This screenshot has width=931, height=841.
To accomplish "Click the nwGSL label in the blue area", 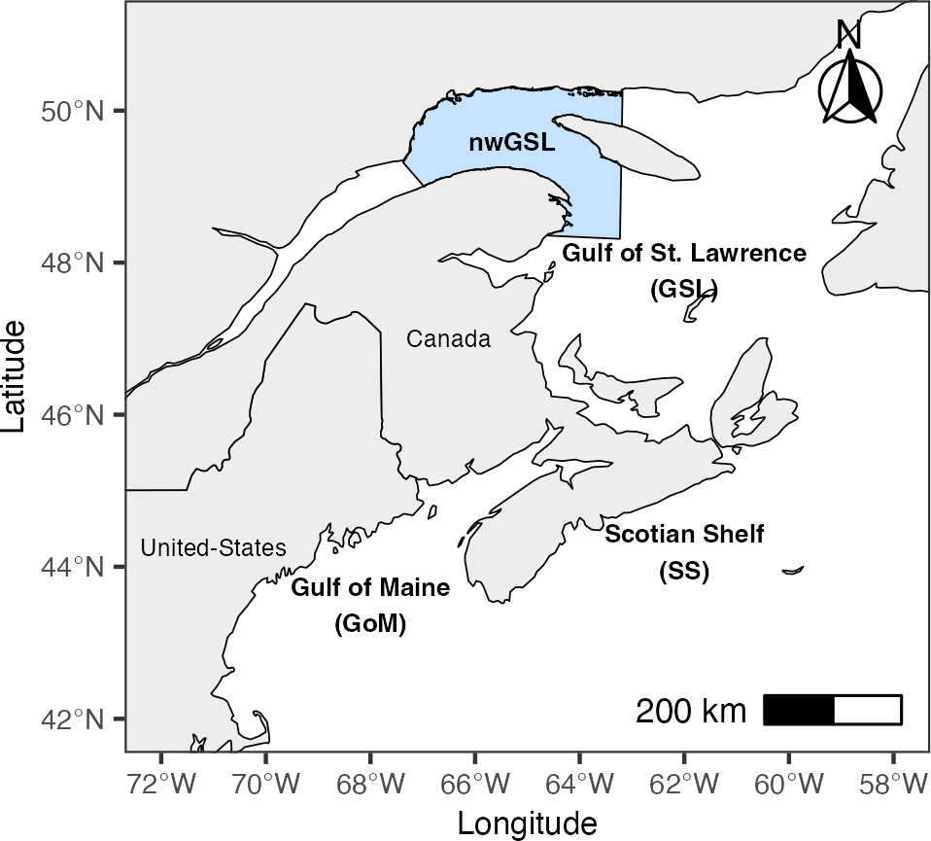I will pos(511,144).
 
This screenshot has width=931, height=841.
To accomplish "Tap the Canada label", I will pos(448,339).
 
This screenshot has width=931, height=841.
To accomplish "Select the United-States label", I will pos(214,548).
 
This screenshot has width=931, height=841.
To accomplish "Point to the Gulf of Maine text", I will pos(370,588).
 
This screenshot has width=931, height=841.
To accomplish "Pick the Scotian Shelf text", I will pos(684,534).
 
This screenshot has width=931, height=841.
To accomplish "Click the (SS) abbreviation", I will pos(684,572).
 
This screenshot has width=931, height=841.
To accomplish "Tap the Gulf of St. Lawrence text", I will pos(684,254).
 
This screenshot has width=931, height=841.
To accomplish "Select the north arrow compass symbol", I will pos(849,88).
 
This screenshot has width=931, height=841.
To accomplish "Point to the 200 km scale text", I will pos(690,712).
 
